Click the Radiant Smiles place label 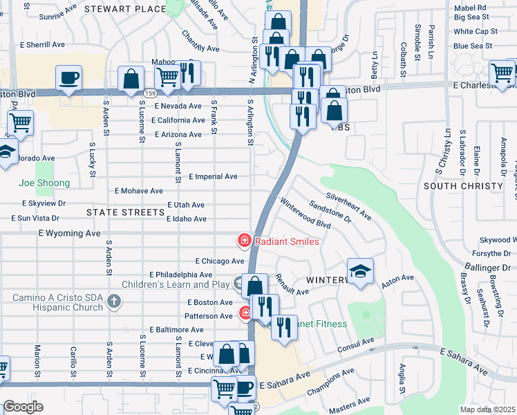[286, 241]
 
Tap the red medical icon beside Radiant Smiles [244, 241]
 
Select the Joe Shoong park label [44, 183]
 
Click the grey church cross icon [115, 300]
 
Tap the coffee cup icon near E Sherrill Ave [68, 78]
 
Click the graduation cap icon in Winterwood [360, 272]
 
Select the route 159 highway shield [150, 93]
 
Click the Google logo [23, 407]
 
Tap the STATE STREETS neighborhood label [124, 212]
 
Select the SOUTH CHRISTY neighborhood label [462, 187]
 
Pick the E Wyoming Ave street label [75, 234]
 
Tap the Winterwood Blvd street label [305, 213]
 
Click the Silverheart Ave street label [349, 206]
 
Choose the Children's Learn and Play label [177, 284]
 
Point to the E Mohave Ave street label [139, 190]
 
